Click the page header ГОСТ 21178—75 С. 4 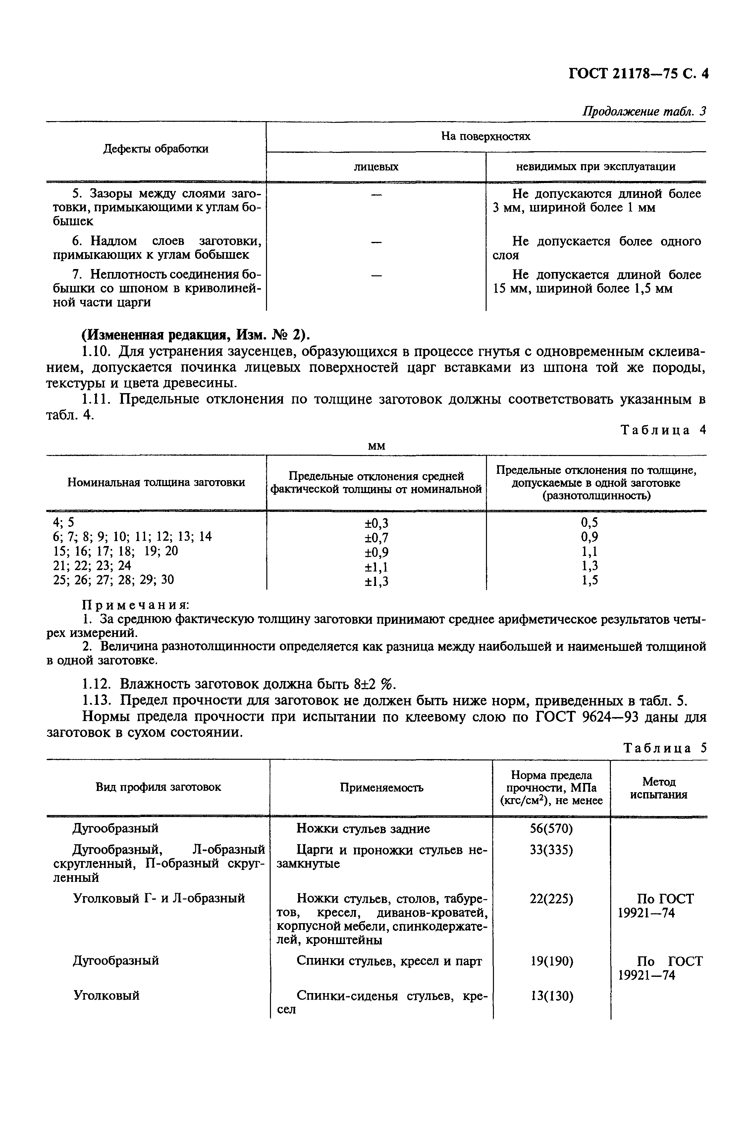(638, 74)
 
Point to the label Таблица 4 (663, 430)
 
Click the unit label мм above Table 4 (376, 446)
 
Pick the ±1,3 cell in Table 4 (376, 581)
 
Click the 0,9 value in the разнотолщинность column (590, 537)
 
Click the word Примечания (136, 605)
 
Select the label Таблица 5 (665, 748)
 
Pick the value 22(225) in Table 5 (551, 899)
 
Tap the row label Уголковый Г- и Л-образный (159, 898)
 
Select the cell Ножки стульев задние (363, 828)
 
